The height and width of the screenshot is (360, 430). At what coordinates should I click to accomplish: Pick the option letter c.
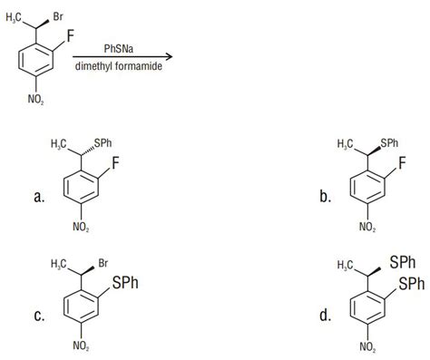click(x=40, y=316)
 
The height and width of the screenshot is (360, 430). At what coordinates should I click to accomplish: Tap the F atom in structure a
click(x=115, y=164)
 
